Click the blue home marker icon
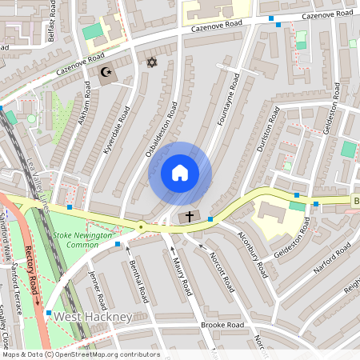180,173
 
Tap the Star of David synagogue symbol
149,62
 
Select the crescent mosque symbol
106,73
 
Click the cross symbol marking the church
190,216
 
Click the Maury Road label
181,273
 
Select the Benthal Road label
138,280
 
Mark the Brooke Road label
223,326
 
